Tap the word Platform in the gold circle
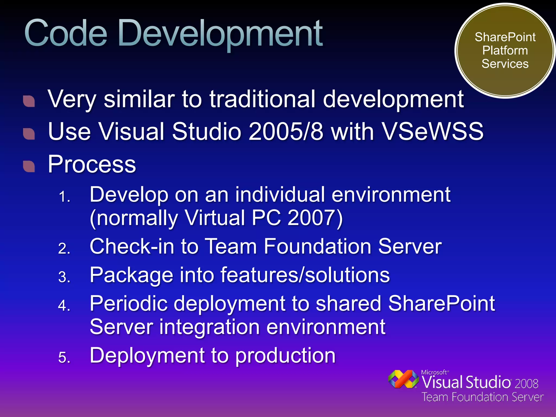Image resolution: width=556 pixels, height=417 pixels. coord(505,50)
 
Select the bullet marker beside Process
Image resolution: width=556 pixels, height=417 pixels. coord(29,166)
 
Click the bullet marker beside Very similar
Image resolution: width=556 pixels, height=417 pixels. coord(29,101)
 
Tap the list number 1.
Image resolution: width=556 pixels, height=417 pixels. coord(64,197)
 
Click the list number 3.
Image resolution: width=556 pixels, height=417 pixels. coord(64,277)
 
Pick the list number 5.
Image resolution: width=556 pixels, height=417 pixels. coord(64,357)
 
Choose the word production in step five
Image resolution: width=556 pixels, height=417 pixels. coord(285,356)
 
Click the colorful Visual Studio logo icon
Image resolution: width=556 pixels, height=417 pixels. coord(403,379)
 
